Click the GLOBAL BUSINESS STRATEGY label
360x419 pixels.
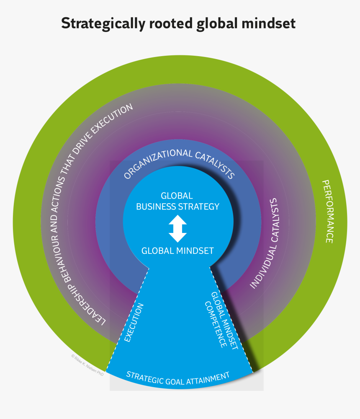pyautogui.click(x=178, y=201)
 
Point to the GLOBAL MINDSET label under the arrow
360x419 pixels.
pyautogui.click(x=178, y=251)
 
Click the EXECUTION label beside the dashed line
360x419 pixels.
pyautogui.click(x=134, y=323)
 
